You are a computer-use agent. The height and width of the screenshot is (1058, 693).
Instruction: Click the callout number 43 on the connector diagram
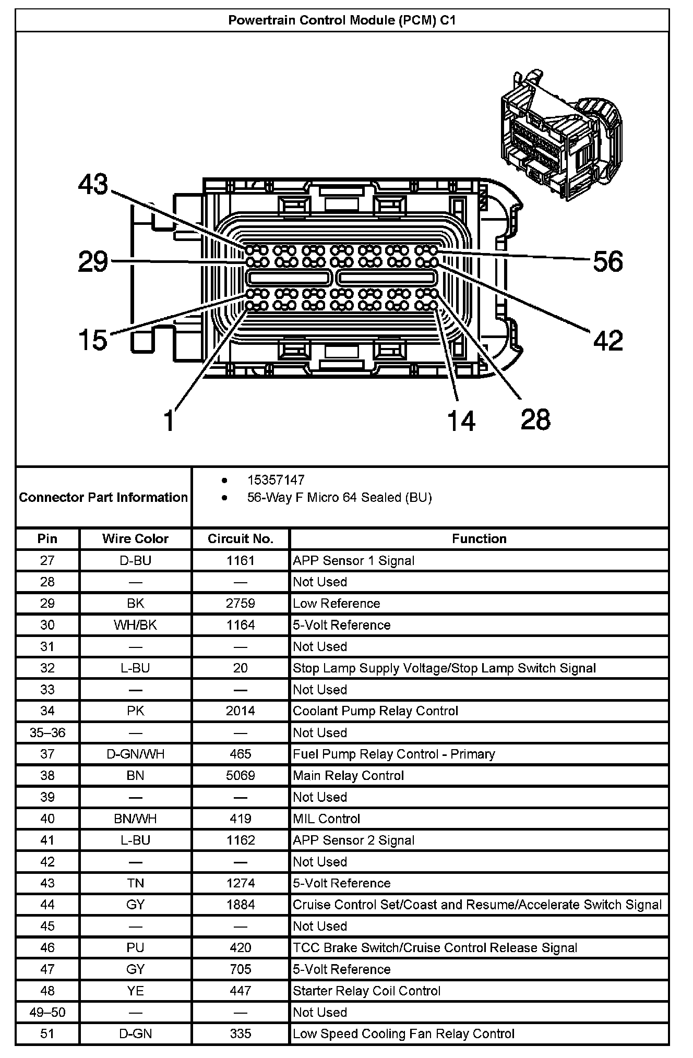[93, 185]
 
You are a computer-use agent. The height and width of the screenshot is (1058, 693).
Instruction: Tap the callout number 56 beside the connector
[608, 261]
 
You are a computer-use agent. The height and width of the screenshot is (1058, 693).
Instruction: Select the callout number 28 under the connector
[535, 419]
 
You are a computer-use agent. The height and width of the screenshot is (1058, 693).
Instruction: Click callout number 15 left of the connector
[92, 340]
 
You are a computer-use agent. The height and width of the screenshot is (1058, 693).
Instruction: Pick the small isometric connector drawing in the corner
[559, 136]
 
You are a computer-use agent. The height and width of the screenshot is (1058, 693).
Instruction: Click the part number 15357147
[276, 480]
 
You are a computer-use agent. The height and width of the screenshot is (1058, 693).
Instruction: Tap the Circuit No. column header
[241, 538]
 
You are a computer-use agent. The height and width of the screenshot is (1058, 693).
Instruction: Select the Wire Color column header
[135, 538]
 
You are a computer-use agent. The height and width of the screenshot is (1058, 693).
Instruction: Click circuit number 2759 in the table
[241, 603]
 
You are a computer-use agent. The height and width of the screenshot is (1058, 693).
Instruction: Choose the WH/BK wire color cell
[135, 625]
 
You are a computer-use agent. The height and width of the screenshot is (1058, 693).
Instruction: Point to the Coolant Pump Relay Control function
[375, 711]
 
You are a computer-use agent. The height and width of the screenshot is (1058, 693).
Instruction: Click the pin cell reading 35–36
[47, 732]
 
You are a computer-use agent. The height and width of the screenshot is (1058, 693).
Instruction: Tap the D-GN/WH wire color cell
[135, 754]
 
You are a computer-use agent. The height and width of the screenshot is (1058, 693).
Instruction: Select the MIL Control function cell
[327, 819]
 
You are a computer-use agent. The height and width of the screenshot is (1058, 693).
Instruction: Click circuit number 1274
[241, 883]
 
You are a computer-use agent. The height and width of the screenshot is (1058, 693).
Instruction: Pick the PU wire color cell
[135, 947]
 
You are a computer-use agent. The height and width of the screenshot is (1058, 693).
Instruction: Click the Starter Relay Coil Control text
[366, 991]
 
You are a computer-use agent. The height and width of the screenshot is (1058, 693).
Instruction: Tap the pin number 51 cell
[47, 1033]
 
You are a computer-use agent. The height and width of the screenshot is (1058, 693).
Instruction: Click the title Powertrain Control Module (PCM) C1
[342, 20]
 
